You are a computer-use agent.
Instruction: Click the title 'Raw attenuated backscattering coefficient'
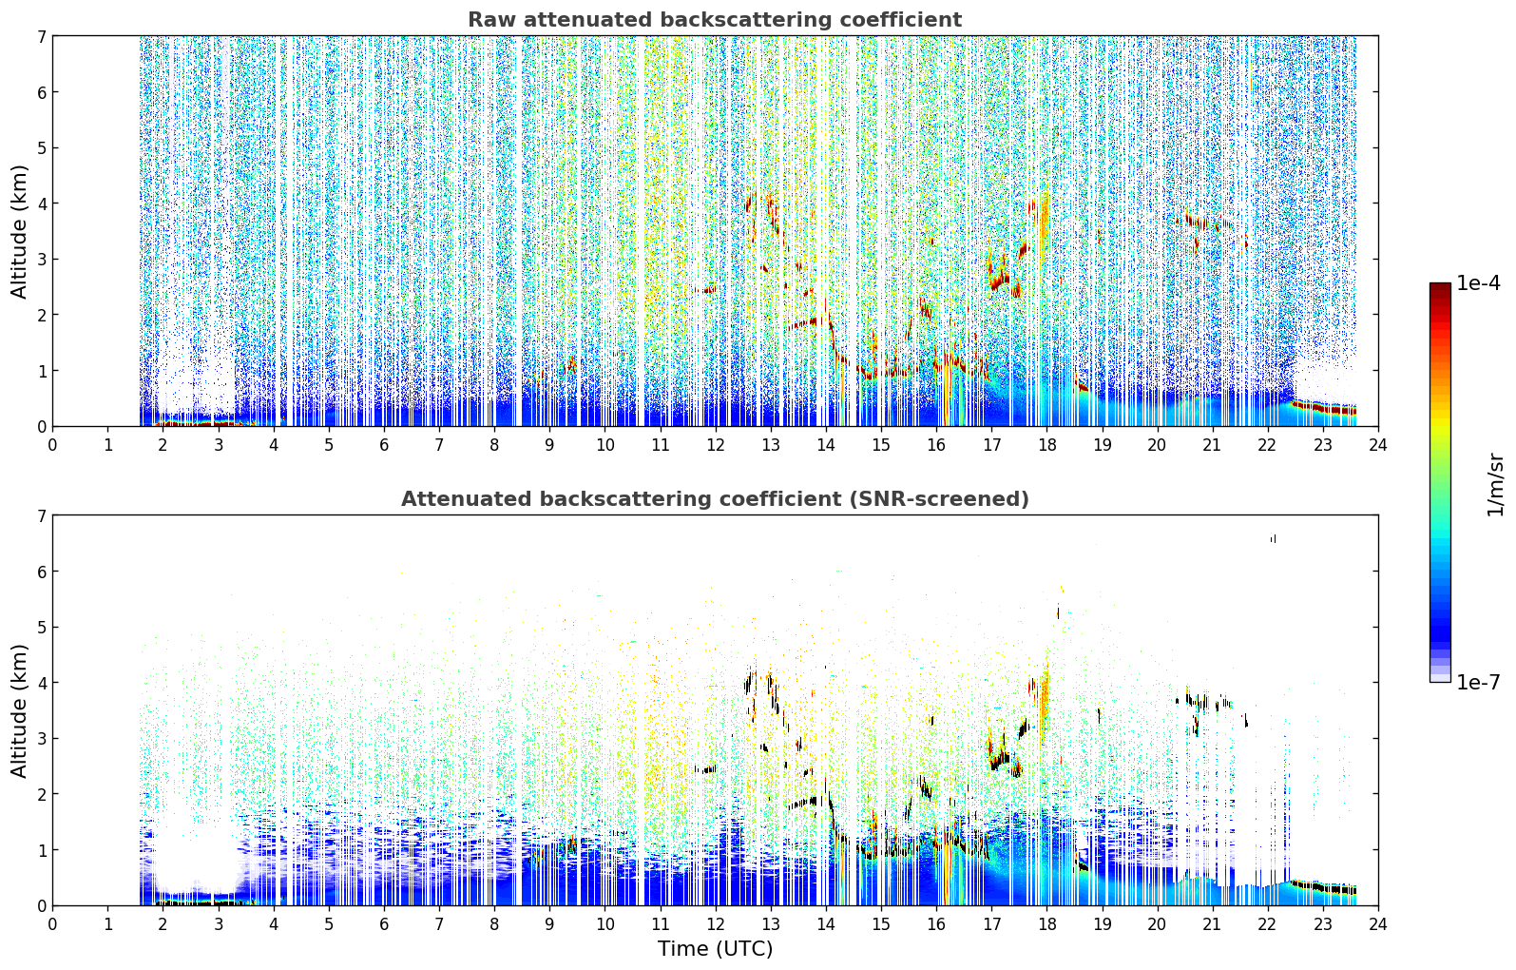(x=715, y=20)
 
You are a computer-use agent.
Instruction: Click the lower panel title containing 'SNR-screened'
(x=715, y=499)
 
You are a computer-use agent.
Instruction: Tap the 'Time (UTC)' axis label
(x=715, y=948)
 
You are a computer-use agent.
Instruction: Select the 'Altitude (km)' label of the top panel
(x=19, y=231)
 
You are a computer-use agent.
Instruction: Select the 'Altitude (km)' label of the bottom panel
(x=19, y=710)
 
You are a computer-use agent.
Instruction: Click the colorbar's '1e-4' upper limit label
(x=1478, y=283)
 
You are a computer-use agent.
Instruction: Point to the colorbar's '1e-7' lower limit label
(x=1478, y=682)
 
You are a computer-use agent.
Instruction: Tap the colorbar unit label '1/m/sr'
(x=1495, y=485)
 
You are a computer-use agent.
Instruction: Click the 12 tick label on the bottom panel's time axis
(x=716, y=924)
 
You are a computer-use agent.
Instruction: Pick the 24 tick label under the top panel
(x=1378, y=445)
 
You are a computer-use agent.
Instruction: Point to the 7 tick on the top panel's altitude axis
(x=41, y=36)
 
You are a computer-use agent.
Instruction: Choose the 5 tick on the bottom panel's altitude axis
(x=41, y=628)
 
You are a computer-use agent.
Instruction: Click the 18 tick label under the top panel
(x=1047, y=445)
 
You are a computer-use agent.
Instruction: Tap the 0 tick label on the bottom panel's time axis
(x=53, y=924)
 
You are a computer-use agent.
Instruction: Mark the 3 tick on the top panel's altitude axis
(x=41, y=260)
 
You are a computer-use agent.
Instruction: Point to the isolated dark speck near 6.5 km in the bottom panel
(x=1273, y=539)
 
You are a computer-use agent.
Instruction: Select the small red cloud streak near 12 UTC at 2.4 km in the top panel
(x=704, y=290)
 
